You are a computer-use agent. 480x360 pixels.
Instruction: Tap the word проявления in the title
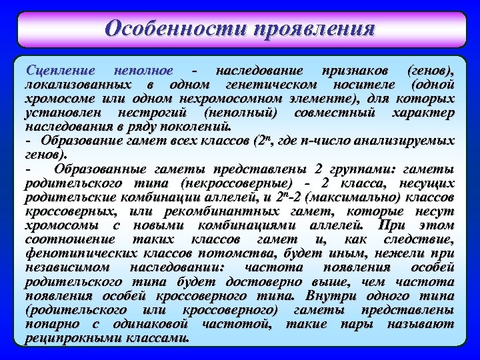pos(313,29)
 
